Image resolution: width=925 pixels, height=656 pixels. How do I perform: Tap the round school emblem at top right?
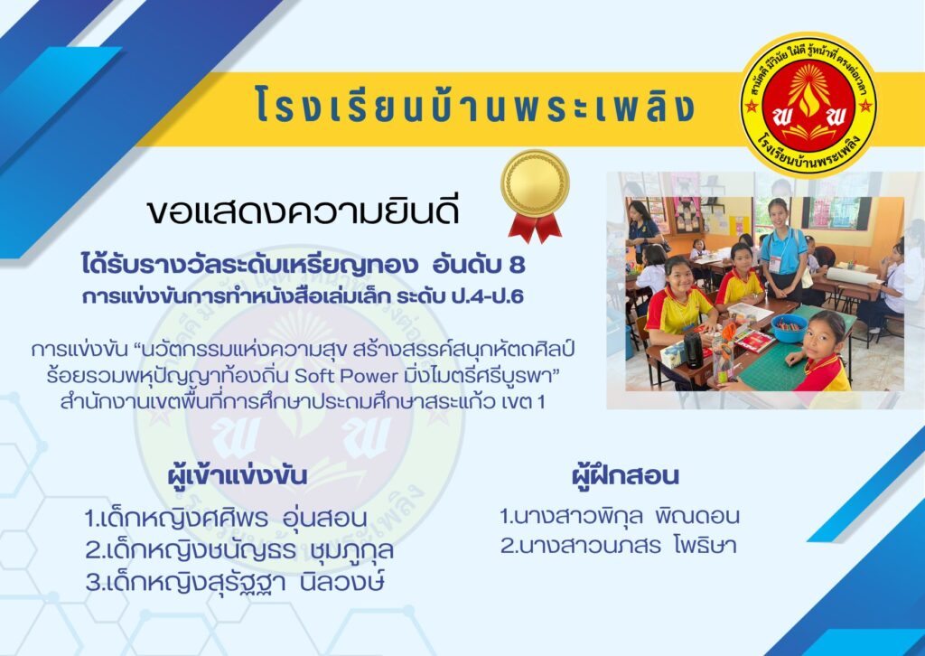808,105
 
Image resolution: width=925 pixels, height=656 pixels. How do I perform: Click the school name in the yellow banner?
475,106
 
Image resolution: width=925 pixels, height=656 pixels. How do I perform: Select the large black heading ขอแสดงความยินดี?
304,211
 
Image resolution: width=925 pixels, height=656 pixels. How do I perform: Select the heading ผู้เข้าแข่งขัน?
238,475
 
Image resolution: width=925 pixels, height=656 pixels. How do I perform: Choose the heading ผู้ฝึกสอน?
625,475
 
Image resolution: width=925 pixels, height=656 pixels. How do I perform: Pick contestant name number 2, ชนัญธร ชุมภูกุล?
238,551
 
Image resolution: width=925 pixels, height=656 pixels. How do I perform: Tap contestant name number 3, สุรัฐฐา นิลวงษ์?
235,583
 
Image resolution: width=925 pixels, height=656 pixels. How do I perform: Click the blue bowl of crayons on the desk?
789,328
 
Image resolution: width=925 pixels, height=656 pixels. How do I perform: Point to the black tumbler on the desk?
693,350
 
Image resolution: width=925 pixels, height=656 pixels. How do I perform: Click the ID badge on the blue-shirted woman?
774,263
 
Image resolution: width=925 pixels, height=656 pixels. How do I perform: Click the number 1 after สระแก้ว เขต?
540,402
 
